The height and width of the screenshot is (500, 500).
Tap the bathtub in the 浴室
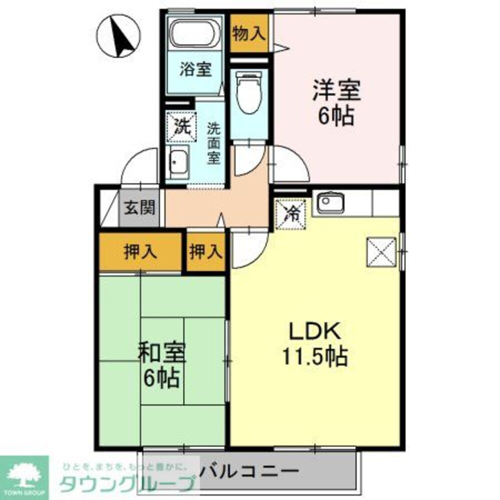point(194,33)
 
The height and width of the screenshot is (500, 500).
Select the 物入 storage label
point(248,34)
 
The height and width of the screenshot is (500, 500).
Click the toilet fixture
point(249,93)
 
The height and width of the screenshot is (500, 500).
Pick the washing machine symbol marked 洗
point(178,127)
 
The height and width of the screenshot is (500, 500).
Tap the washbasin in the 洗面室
point(178,163)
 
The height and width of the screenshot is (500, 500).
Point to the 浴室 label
point(194,70)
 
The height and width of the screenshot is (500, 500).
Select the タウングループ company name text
point(127,484)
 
